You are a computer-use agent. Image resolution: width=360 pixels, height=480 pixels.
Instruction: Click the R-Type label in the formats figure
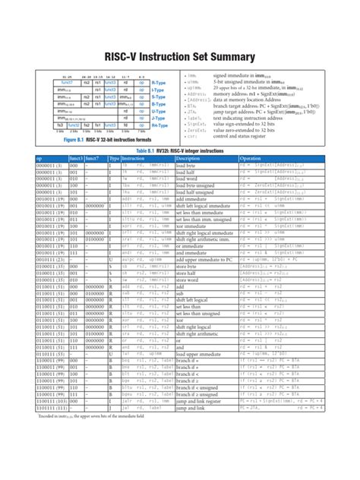pyautogui.click(x=159, y=82)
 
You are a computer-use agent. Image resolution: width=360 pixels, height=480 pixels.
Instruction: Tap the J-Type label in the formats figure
pyautogui.click(x=159, y=118)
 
